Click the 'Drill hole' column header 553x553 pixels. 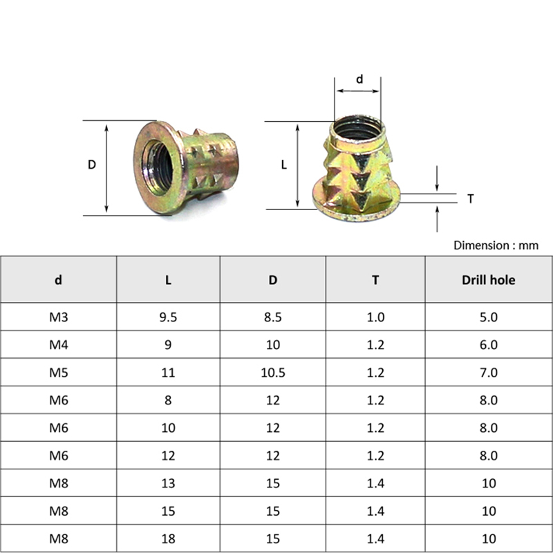point(489,280)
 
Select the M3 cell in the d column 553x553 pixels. point(59,317)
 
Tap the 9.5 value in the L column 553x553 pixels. point(168,317)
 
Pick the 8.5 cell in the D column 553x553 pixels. point(272,317)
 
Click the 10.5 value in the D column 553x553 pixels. point(272,373)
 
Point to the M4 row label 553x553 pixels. point(59,344)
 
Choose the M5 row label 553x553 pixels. point(59,373)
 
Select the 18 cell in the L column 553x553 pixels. point(168,538)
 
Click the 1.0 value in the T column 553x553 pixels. point(375,317)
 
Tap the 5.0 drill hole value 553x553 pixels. point(489,317)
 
